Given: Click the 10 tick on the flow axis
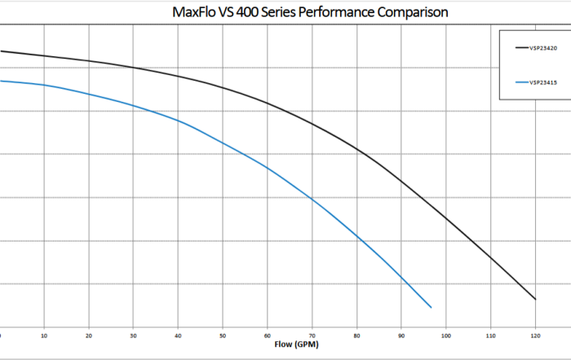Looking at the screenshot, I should (x=44, y=335).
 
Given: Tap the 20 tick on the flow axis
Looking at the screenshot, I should (x=89, y=335).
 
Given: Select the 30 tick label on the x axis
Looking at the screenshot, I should (x=134, y=335).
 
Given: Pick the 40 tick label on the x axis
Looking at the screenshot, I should (x=178, y=335).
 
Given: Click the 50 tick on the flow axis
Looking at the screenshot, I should (x=223, y=335).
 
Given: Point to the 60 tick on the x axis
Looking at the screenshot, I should (x=268, y=335).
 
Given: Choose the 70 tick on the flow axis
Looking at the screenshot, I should (x=312, y=335).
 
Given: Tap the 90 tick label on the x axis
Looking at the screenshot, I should (x=401, y=335).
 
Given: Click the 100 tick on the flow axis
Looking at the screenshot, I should (x=445, y=335).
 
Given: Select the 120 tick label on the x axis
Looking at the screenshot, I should (x=535, y=335).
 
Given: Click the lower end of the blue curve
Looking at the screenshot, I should (x=431, y=307).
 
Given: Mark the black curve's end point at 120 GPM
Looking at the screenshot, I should (x=535, y=299).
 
